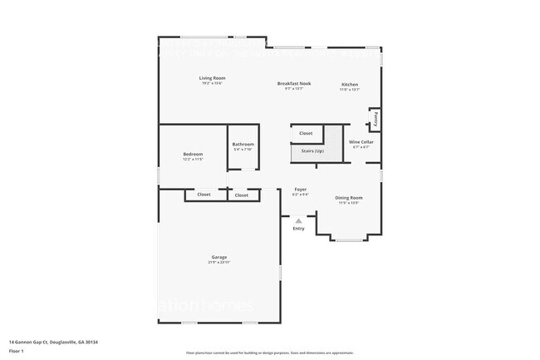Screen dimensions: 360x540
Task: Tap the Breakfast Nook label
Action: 294,84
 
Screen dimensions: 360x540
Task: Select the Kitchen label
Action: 350,85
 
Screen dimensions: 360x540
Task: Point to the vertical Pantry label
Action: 376,119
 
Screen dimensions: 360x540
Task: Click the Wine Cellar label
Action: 361,142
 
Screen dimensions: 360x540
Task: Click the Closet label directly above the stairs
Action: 306,133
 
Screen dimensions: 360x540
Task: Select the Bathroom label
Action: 243,145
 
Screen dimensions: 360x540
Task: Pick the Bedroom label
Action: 193,154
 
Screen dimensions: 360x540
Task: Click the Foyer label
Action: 300,190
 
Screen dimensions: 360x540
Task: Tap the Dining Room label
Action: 348,197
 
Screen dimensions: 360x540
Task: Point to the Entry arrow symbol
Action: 298,220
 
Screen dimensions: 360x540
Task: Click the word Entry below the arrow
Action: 298,229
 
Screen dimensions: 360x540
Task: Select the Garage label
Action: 219,257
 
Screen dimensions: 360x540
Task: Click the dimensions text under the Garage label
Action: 219,263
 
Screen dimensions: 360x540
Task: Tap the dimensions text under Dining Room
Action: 348,203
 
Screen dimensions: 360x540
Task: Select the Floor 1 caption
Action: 17,352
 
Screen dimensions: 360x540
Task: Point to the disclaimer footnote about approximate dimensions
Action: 270,353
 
